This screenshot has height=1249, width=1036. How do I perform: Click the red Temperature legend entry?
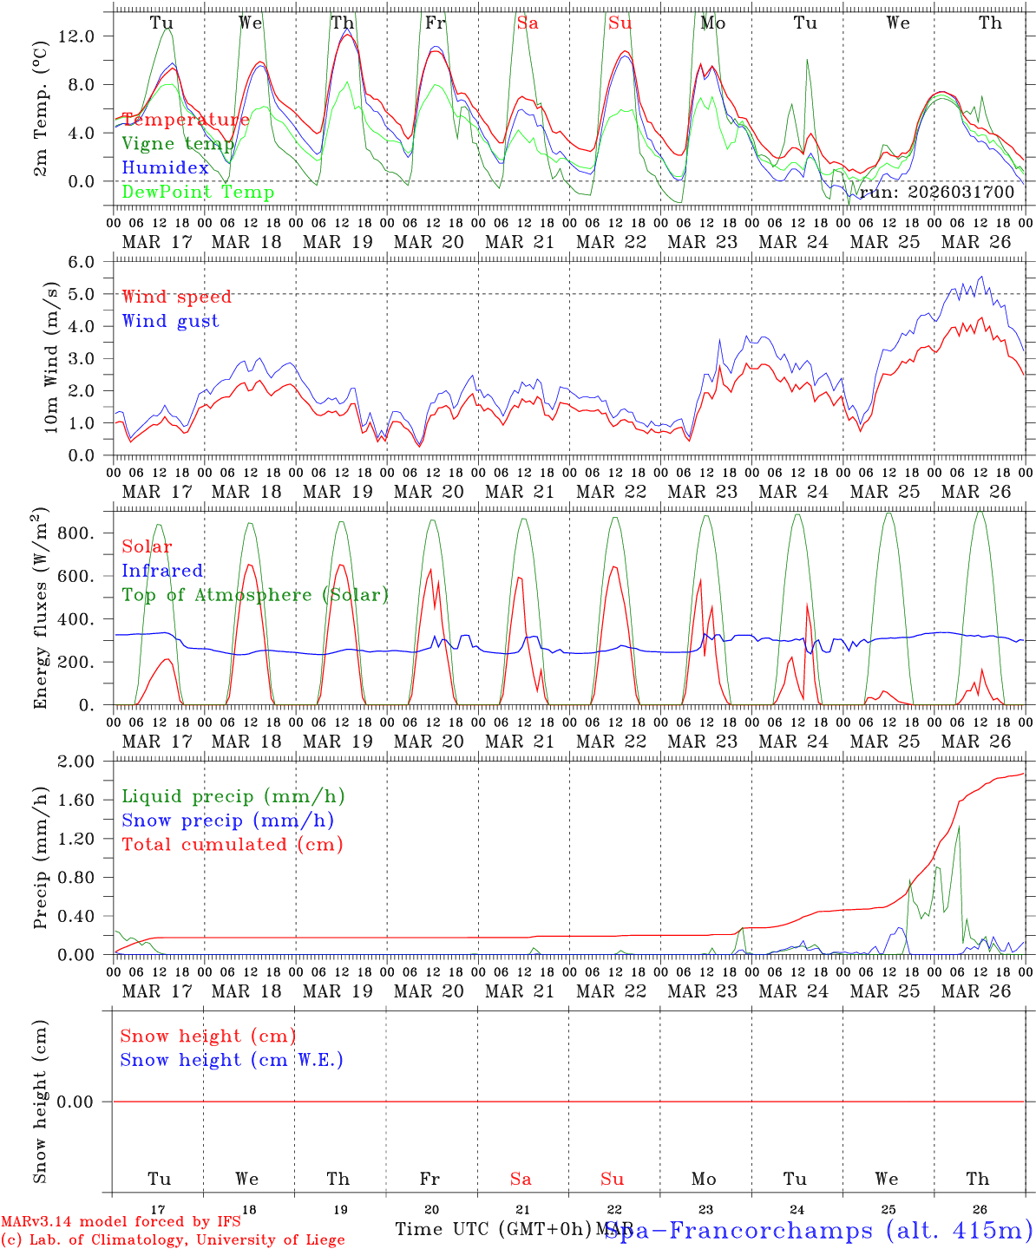186,120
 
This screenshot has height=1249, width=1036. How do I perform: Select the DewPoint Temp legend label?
198,193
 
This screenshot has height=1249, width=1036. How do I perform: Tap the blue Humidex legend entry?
165,168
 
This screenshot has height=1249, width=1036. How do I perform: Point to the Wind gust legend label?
170,321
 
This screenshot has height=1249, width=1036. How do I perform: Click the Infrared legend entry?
162,571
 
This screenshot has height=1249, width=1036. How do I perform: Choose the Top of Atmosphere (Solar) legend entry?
254,595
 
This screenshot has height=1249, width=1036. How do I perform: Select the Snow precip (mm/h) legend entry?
227,821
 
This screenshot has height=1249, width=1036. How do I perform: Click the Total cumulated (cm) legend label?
232,845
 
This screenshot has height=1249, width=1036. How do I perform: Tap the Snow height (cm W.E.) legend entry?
231,1060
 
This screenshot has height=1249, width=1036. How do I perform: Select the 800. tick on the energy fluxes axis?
79,533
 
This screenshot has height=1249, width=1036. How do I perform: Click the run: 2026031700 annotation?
936,193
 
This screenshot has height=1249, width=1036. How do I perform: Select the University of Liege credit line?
173,1240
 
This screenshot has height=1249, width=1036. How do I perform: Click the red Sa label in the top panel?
528,23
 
